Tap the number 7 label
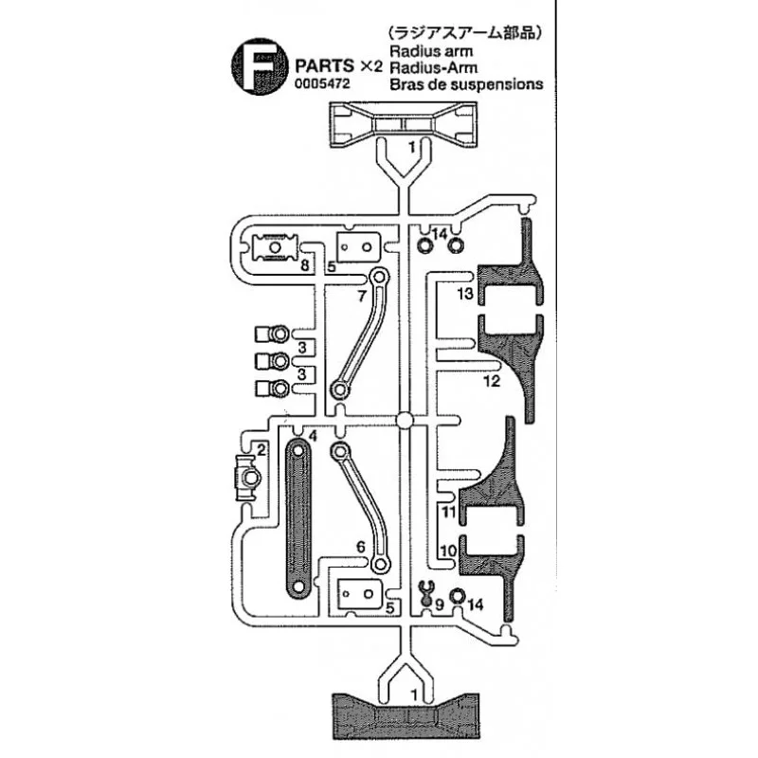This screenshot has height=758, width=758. point(362,296)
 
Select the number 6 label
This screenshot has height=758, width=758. point(360,547)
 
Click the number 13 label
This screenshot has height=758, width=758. point(463,296)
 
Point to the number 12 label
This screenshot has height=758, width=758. point(490,382)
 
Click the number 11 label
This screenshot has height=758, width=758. point(448,513)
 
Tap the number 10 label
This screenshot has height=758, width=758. point(448,550)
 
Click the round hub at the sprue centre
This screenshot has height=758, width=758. point(405,420)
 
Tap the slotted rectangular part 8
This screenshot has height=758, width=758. point(277,248)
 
